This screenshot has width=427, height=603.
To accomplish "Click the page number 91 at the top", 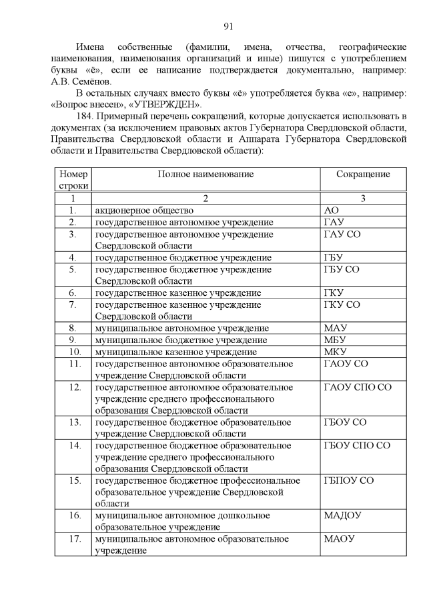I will coord(228,27).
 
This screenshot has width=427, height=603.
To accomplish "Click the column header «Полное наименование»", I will coord(205,174).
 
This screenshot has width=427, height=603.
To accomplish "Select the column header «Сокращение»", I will coord(363,174).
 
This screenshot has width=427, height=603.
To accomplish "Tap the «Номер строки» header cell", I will coord(72,179).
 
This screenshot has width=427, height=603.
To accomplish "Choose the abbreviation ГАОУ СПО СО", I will coord(357,387).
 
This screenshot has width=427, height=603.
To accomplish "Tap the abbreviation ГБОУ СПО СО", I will coord(357,445).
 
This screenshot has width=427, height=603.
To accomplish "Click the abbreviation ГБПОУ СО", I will coord(348,480).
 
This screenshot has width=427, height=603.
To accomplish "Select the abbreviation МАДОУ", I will coord(342,516).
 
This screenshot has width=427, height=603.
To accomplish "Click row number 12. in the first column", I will coord(75,387).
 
